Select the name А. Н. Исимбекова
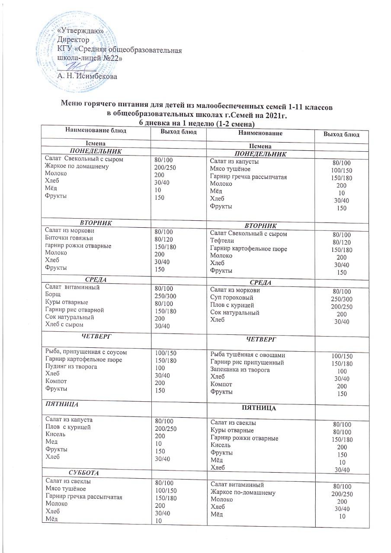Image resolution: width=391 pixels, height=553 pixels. (x=87, y=76)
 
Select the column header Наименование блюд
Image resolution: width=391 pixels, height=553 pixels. (x=96, y=130)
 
